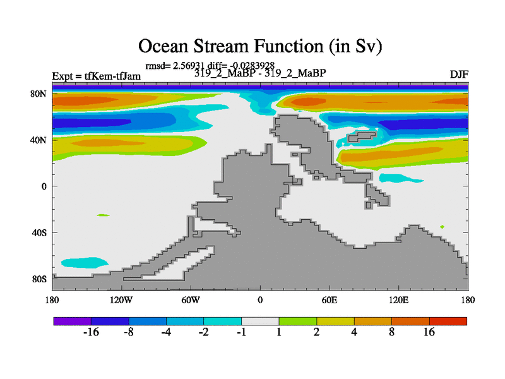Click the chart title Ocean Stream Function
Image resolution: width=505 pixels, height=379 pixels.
click(x=260, y=45)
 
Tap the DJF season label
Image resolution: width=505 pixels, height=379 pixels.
click(x=459, y=75)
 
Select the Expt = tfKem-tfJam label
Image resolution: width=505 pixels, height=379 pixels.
click(x=97, y=76)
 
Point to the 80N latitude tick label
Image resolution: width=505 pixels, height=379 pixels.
click(x=39, y=93)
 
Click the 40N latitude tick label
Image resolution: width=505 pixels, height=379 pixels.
click(x=39, y=140)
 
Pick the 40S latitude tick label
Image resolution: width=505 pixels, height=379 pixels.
click(x=39, y=232)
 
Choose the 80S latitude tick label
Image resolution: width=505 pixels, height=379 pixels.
click(x=39, y=279)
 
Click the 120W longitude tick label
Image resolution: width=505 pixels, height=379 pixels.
click(x=121, y=301)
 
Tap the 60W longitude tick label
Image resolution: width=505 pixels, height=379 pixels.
click(x=191, y=301)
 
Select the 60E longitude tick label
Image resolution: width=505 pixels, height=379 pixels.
click(x=330, y=301)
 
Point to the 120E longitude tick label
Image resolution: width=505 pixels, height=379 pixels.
click(x=399, y=301)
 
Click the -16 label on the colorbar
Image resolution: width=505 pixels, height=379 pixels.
click(x=91, y=332)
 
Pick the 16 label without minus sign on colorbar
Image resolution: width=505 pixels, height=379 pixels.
click(x=429, y=332)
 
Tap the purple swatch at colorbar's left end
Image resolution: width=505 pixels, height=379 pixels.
click(x=73, y=321)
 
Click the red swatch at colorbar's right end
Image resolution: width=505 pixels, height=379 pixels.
click(x=448, y=321)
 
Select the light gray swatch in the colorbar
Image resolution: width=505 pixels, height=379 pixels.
click(x=260, y=321)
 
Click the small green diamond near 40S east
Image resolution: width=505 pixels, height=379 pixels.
click(x=443, y=227)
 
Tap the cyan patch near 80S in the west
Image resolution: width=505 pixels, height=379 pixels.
click(x=85, y=263)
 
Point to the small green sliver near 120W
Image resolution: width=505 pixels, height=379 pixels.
click(x=103, y=215)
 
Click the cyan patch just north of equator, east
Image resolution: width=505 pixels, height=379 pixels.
click(x=400, y=178)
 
